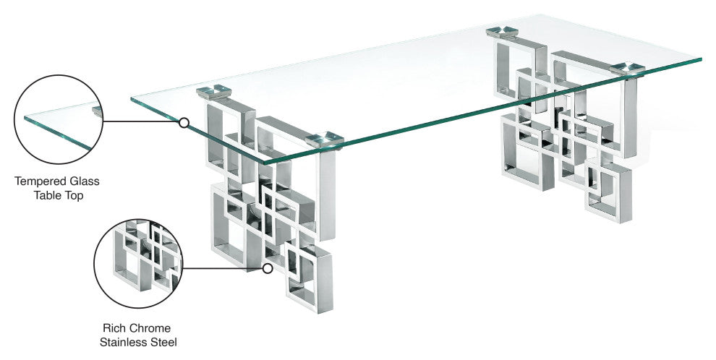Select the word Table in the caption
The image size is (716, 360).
tap(46, 196)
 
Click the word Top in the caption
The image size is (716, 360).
tap(73, 196)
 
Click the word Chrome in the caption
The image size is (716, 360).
tap(149, 328)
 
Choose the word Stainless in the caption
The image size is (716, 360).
tap(124, 342)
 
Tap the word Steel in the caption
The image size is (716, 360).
tap(163, 342)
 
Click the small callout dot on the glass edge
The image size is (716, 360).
tap(184, 122)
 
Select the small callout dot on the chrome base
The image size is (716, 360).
tap(268, 268)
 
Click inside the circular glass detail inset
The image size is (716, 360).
tap(59, 119)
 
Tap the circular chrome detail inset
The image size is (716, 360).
tap(138, 263)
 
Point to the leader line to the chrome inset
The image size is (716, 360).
tap(223, 268)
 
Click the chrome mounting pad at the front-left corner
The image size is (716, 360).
tap(213, 91)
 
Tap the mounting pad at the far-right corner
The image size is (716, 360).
tap(627, 69)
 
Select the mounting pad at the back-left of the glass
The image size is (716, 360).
tap(502, 32)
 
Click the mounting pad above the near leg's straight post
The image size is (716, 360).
tap(324, 140)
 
